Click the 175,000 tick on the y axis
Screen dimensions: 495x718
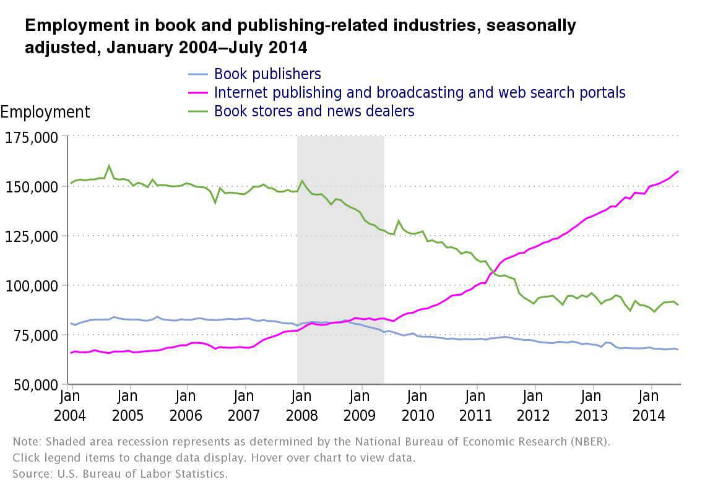click(x=32, y=137)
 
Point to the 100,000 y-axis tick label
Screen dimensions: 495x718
click(x=32, y=285)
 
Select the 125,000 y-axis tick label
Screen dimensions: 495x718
click(x=32, y=236)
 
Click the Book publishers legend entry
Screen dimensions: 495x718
click(x=267, y=74)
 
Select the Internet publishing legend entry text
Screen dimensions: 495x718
click(x=420, y=93)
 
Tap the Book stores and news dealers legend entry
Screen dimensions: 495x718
click(x=314, y=111)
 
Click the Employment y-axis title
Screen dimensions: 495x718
click(x=45, y=112)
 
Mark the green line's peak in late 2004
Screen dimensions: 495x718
click(x=110, y=166)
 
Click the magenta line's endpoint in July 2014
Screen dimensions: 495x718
click(x=678, y=171)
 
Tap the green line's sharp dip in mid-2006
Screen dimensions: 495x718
click(x=215, y=202)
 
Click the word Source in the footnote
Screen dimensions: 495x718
click(x=29, y=474)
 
